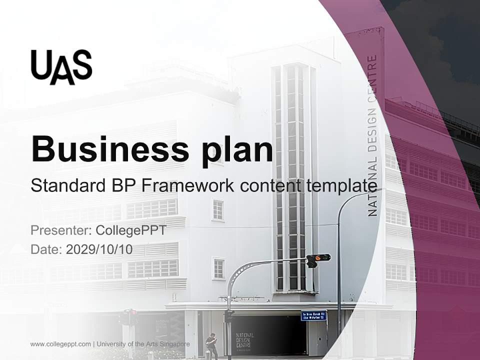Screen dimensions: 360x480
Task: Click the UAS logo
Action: tap(61, 67)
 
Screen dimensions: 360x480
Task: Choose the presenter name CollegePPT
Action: tap(130, 230)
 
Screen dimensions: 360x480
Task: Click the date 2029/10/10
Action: tap(99, 249)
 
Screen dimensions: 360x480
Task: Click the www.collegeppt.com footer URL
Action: tap(60, 344)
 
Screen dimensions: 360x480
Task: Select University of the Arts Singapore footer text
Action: tap(143, 344)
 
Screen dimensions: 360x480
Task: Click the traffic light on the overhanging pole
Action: tap(318, 258)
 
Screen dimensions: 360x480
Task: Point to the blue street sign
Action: tap(313, 315)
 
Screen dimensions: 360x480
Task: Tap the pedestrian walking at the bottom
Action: tap(211, 345)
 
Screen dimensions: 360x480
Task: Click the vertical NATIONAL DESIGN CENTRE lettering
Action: tap(372, 136)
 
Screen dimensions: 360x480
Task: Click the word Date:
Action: tap(46, 249)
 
